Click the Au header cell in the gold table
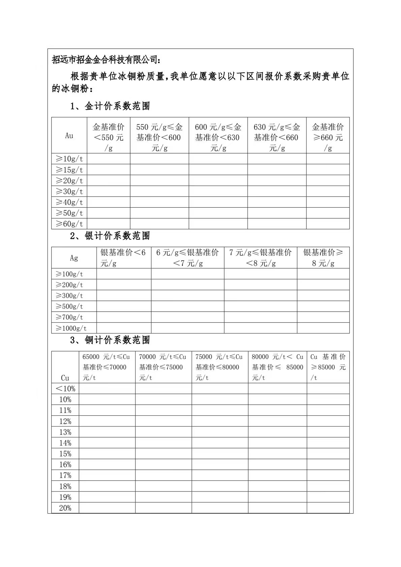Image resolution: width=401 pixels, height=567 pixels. (69, 136)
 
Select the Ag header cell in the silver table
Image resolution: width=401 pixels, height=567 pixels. (74, 258)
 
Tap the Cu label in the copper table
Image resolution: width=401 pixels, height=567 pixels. (65, 378)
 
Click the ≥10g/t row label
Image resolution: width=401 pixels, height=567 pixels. (69, 159)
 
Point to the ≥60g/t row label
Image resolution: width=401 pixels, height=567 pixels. (69, 223)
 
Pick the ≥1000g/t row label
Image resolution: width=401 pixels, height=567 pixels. (71, 328)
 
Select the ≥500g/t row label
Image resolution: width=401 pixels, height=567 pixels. (69, 306)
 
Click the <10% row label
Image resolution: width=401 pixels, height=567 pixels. (65, 389)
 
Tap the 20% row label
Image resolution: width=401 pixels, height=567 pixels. (65, 508)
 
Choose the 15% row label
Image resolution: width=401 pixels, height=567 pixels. (65, 454)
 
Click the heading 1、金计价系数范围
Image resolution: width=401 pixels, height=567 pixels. (110, 106)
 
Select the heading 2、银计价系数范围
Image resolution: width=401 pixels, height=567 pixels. (110, 236)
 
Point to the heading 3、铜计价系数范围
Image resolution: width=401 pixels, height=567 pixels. (110, 340)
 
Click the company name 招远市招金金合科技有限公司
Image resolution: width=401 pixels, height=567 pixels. (105, 60)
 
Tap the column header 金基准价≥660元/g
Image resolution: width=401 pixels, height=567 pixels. (328, 137)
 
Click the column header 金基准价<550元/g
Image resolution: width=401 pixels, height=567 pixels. (109, 137)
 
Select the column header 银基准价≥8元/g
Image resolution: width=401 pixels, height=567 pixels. (323, 258)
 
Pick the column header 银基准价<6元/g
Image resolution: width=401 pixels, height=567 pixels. (123, 258)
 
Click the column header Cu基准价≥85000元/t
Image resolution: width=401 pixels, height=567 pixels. (328, 367)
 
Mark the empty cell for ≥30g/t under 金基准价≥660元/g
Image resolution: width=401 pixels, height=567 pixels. (328, 191)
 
